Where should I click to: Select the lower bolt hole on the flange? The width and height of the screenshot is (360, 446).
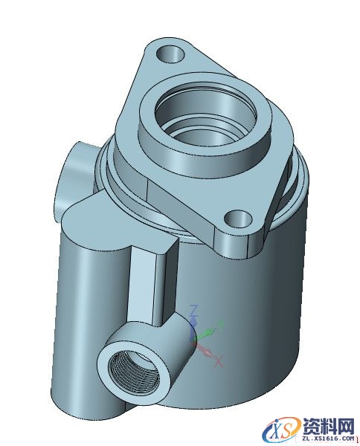tap(237, 219)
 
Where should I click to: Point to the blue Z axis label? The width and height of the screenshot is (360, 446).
tap(193, 308)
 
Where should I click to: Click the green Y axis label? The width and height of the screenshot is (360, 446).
tap(218, 324)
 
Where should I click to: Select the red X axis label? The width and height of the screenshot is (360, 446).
tap(219, 363)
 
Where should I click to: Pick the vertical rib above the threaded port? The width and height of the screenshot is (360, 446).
tap(152, 286)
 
